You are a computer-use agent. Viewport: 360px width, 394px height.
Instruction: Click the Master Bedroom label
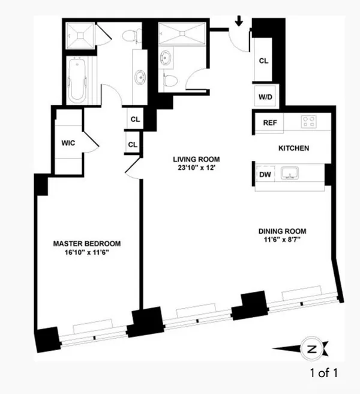click(x=87, y=244)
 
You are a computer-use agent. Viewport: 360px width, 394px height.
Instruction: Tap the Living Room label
click(x=196, y=159)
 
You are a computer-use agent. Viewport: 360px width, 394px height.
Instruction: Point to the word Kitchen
click(x=293, y=148)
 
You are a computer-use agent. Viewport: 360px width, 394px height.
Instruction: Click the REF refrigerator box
click(x=269, y=122)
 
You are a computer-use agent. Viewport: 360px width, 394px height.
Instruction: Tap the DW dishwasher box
click(x=265, y=174)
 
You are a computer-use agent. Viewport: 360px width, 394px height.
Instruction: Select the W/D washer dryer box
click(x=264, y=96)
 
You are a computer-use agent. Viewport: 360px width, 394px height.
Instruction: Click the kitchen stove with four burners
click(x=308, y=122)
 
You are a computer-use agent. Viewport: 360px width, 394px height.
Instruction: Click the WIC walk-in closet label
click(x=67, y=144)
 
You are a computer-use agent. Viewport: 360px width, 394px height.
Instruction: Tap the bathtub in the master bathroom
click(x=78, y=82)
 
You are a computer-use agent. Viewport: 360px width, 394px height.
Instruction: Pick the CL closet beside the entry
click(x=263, y=61)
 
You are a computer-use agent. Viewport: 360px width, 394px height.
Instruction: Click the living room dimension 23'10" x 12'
click(x=196, y=168)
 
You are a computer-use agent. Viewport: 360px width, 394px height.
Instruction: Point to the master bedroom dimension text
click(x=87, y=253)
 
